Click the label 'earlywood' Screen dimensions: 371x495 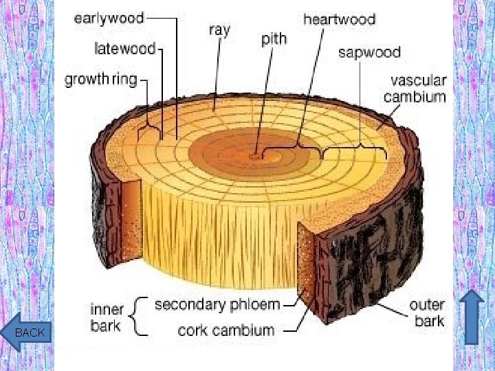(109, 19)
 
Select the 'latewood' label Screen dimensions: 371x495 (125, 49)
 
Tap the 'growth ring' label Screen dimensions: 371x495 (101, 79)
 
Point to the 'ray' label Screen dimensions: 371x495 (219, 30)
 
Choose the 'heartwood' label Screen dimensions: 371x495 (340, 19)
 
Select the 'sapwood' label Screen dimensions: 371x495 (369, 52)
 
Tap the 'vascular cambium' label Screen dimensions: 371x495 (415, 89)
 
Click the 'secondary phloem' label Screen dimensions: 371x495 (217, 304)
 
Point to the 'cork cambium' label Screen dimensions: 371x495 (226, 330)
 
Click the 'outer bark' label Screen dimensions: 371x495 (427, 313)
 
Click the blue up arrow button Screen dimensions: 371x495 (472, 316)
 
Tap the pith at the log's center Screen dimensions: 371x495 (256, 155)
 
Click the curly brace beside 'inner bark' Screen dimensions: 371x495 (141, 316)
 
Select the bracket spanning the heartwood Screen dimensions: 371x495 (298, 146)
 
